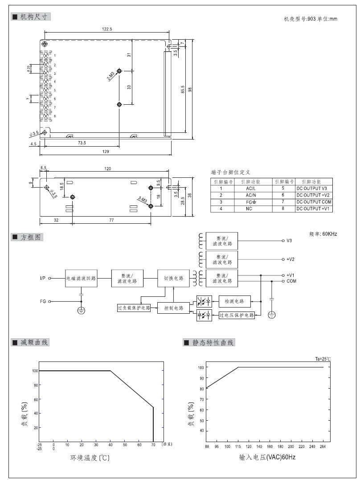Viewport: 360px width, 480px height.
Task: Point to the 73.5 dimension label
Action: click(82, 143)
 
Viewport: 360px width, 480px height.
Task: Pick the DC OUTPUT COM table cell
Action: click(314, 201)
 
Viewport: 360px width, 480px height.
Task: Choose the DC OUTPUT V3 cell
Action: click(314, 189)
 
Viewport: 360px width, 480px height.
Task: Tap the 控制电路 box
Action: click(173, 308)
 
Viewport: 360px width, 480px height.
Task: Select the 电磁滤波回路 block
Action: click(81, 278)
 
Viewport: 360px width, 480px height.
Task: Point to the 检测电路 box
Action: click(234, 301)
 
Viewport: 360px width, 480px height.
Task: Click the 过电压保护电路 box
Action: click(237, 315)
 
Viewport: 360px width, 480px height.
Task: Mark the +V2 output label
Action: click(290, 259)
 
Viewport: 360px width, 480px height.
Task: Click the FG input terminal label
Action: click(43, 301)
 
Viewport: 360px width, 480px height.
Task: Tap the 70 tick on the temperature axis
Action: click(153, 445)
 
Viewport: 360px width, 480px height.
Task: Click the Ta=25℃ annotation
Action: click(323, 359)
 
